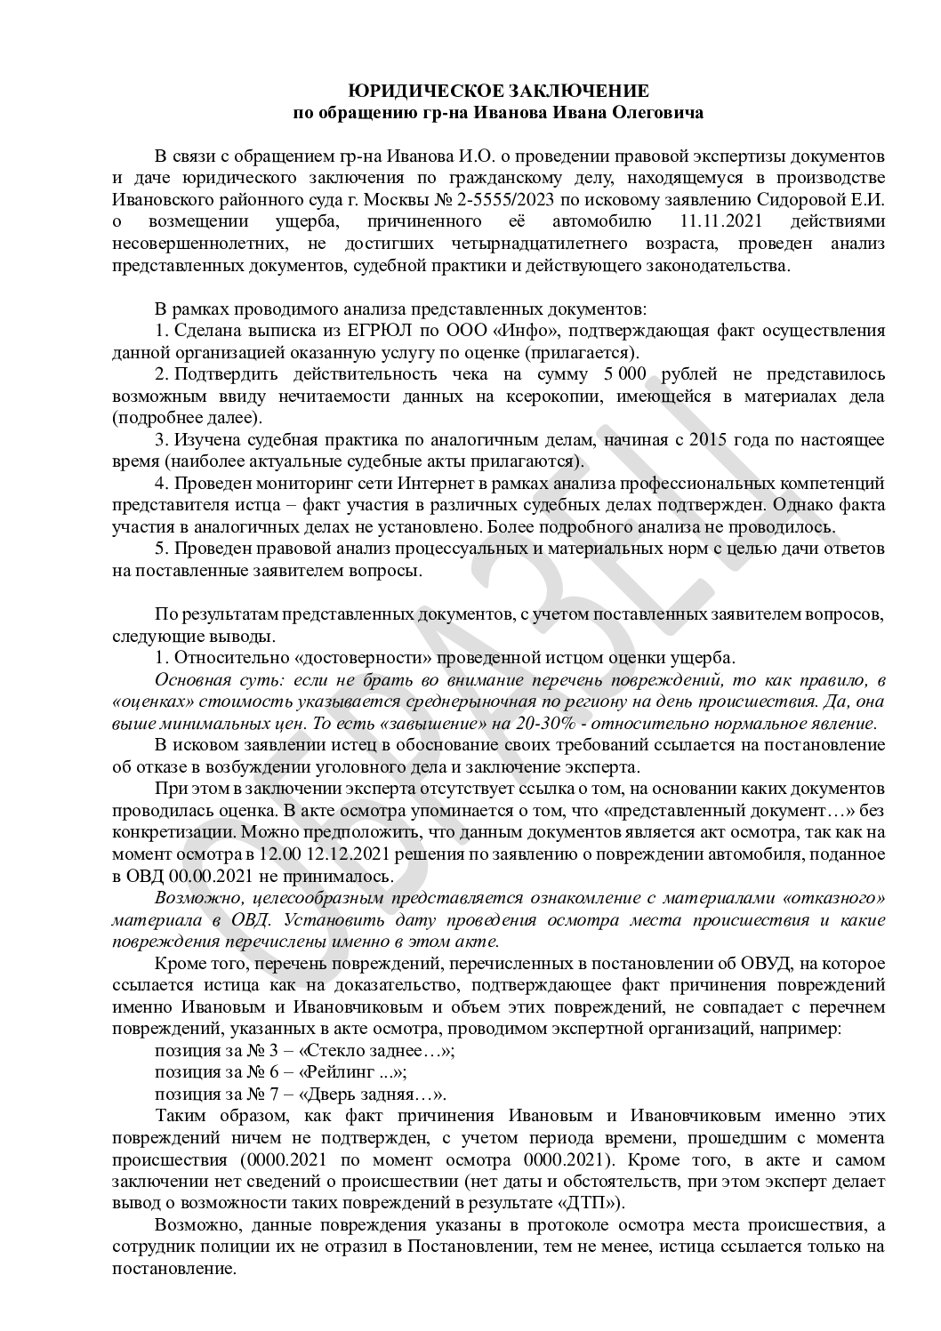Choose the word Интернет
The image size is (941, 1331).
(x=439, y=484)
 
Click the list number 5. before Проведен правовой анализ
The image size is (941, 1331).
(x=161, y=549)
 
